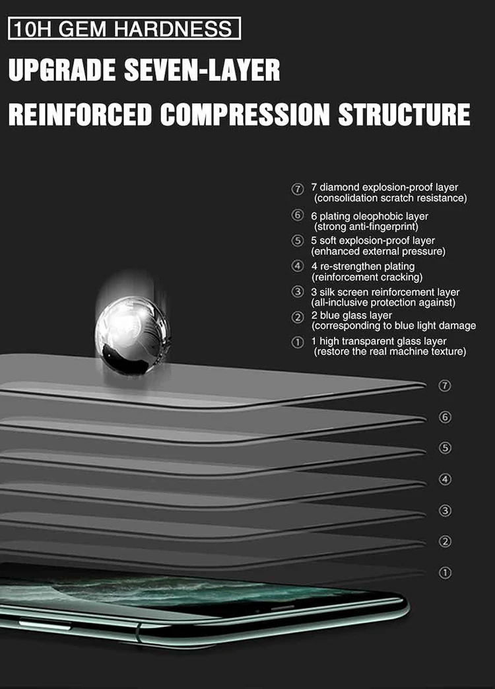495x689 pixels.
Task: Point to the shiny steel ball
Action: pos(133,334)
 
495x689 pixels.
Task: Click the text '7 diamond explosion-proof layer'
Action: pos(385,188)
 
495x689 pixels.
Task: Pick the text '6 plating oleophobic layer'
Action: pos(370,216)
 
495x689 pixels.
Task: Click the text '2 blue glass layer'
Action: pos(352,315)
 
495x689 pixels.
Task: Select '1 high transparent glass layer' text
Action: pos(379,341)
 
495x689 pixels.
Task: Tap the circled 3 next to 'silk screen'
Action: pos(298,292)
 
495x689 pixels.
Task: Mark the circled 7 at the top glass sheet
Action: pos(445,386)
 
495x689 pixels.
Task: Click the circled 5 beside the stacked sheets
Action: pos(445,448)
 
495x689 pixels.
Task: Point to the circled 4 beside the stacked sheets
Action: pos(445,479)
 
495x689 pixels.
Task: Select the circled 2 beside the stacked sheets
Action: pos(445,542)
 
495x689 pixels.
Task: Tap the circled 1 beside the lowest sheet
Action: pos(445,573)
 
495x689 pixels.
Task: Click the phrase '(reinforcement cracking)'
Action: pos(367,277)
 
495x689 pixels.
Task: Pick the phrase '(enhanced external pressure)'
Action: pos(379,251)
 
